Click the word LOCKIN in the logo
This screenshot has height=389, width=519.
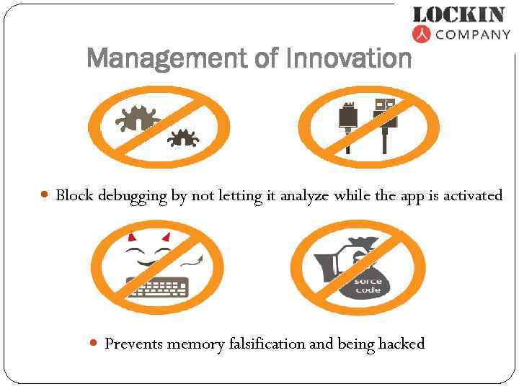458,14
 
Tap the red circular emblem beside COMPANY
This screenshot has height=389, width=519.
422,33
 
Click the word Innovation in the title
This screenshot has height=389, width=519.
348,57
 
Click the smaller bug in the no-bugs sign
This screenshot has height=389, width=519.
181,136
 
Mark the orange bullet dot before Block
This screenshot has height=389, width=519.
45,195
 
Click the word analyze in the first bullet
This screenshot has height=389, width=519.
305,196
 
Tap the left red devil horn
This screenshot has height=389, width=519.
132,237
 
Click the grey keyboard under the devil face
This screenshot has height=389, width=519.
156,288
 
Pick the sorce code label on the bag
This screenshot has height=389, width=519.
368,285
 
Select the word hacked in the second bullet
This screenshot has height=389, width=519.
401,344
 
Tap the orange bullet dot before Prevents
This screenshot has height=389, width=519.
94,343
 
